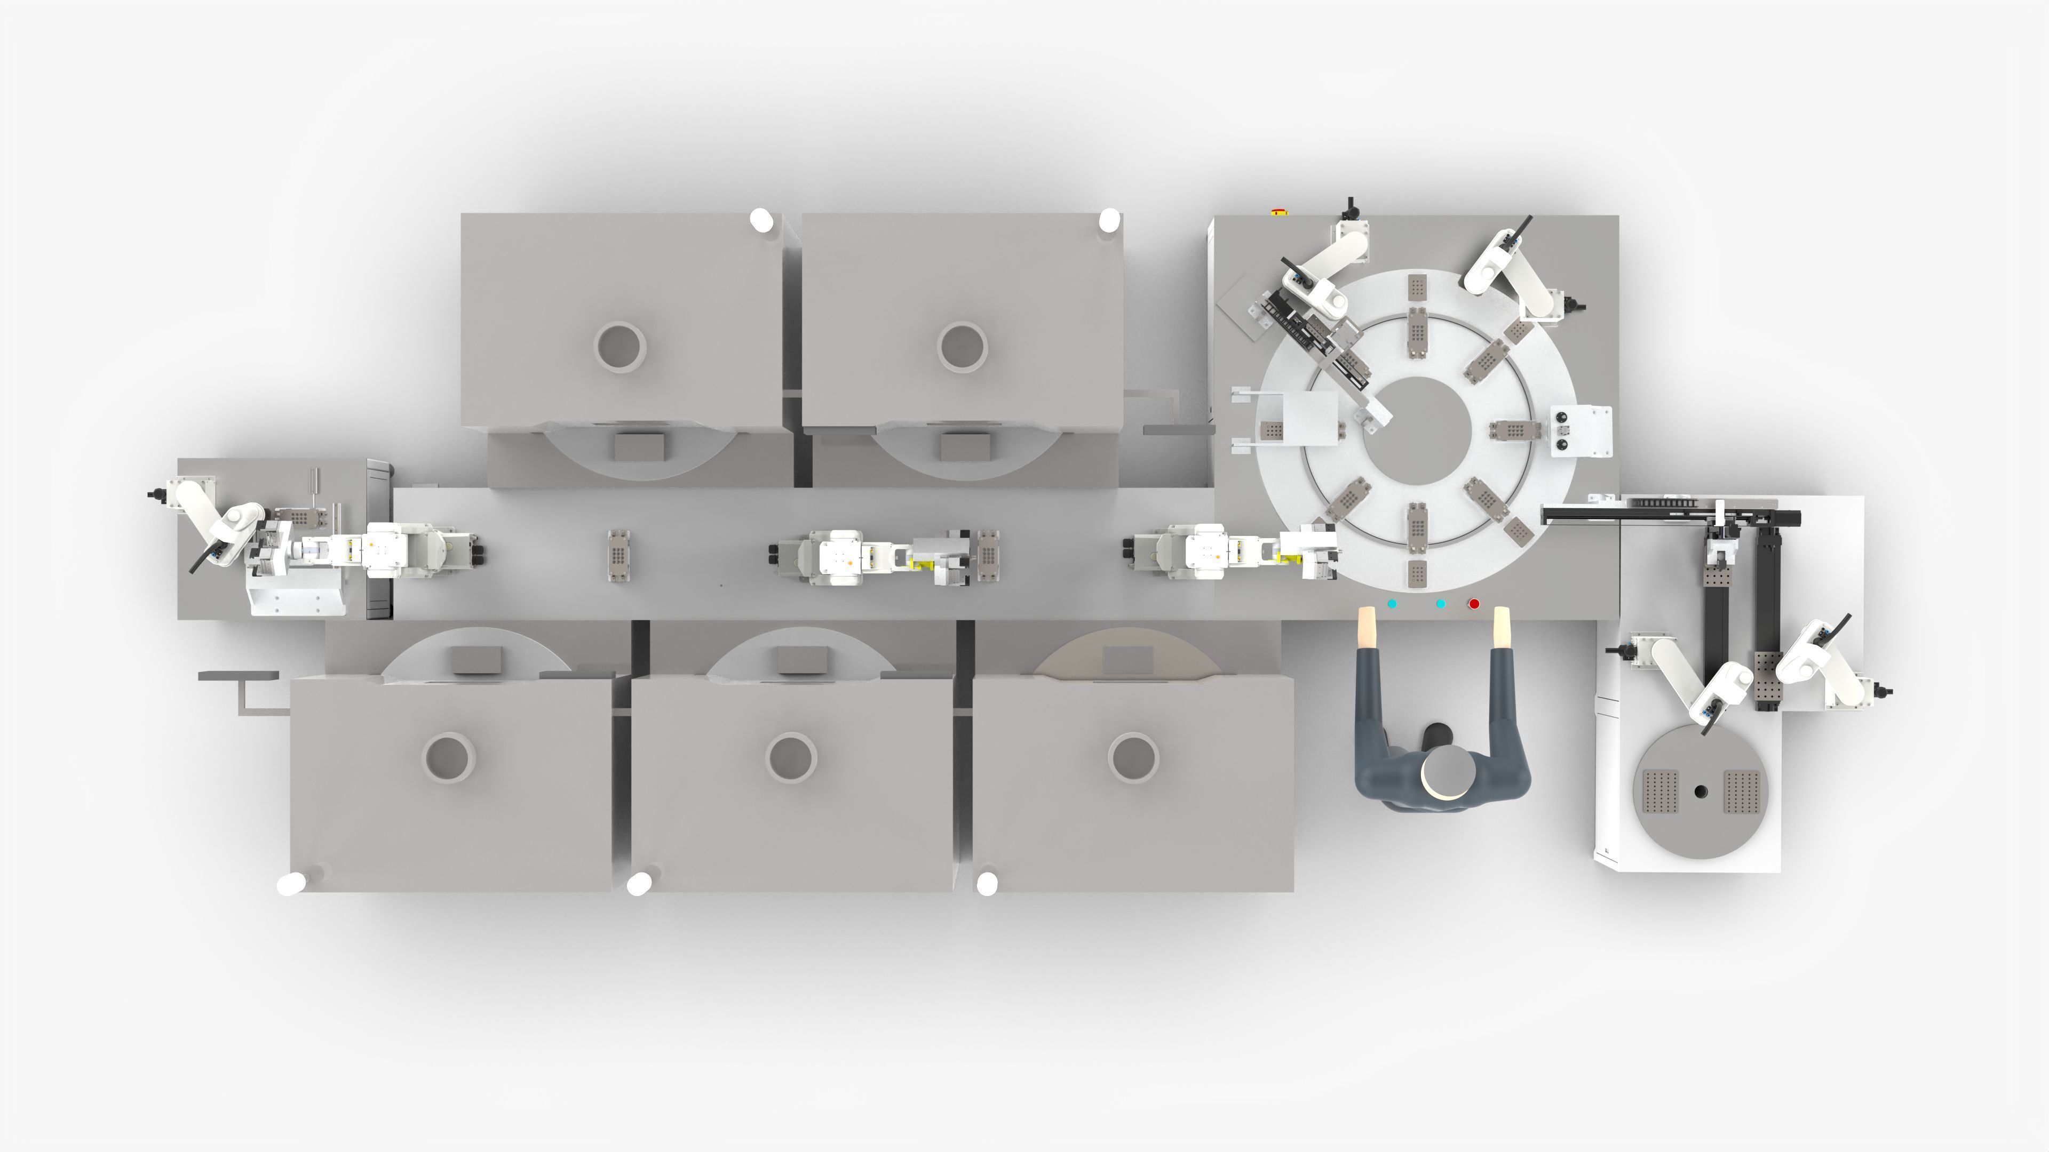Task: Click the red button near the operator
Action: [x=1474, y=604]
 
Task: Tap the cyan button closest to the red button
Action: [x=1441, y=604]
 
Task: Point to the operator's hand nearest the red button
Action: [x=1502, y=627]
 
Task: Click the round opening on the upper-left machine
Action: [x=620, y=347]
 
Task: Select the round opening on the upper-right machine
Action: [x=963, y=347]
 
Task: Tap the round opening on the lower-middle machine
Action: [x=791, y=757]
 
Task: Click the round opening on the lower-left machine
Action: [x=449, y=757]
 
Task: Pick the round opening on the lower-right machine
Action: [x=1133, y=757]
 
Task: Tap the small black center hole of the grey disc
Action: [x=1701, y=791]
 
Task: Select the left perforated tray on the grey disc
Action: [x=1660, y=791]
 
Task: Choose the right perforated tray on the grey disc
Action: [x=1742, y=791]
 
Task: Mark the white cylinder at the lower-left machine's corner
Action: [x=292, y=883]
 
